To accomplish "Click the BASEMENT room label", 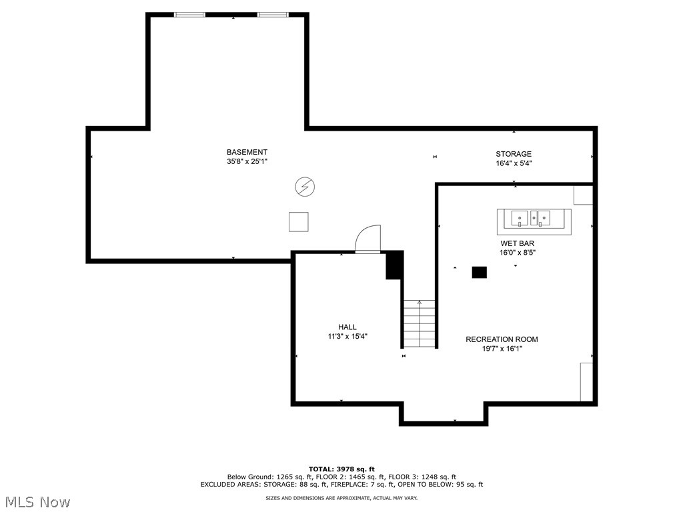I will pyautogui.click(x=247, y=153).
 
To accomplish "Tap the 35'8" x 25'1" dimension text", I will pyautogui.click(x=247, y=161).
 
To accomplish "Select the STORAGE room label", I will pyautogui.click(x=514, y=154).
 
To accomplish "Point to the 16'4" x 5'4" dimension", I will pyautogui.click(x=514, y=163).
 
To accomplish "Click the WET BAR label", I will pyautogui.click(x=517, y=244).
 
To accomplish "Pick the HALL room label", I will pyautogui.click(x=347, y=327).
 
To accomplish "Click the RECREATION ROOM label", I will pyautogui.click(x=502, y=339).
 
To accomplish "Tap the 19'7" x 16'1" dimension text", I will pyautogui.click(x=502, y=349).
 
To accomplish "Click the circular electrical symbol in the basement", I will pyautogui.click(x=305, y=187).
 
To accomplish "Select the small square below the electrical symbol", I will pyautogui.click(x=298, y=221).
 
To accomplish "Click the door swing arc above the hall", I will pyautogui.click(x=368, y=239).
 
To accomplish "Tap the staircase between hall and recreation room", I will pyautogui.click(x=419, y=324).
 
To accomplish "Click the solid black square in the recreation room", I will pyautogui.click(x=479, y=272).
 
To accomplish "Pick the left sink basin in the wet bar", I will pyautogui.click(x=520, y=218).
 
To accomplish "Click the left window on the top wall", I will pyautogui.click(x=189, y=15).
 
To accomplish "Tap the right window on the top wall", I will pyautogui.click(x=273, y=15).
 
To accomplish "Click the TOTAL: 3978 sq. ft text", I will pyautogui.click(x=341, y=469).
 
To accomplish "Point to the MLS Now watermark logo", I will pyautogui.click(x=36, y=501).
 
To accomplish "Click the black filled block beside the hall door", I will pyautogui.click(x=394, y=265).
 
